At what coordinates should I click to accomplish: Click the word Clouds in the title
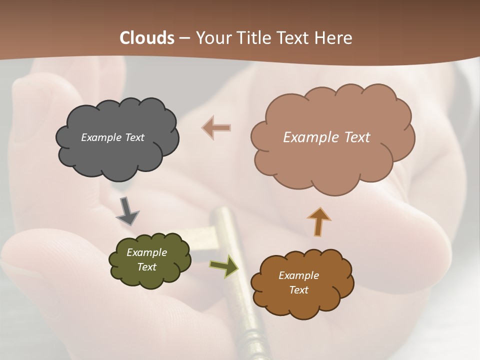coord(146,38)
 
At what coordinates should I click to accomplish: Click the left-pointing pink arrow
coord(216,127)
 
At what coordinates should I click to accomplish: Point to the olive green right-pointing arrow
coord(223,265)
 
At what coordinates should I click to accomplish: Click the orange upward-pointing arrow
coord(318,221)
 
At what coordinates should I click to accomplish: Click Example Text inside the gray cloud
coord(112,137)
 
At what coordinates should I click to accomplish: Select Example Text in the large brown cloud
coord(326,137)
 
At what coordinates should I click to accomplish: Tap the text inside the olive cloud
coord(146,259)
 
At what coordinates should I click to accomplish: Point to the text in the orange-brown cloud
coord(298,282)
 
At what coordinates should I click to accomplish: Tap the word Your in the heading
coord(213,38)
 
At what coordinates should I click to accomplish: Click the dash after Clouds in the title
coord(184,38)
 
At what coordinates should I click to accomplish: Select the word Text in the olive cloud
coord(146,267)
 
